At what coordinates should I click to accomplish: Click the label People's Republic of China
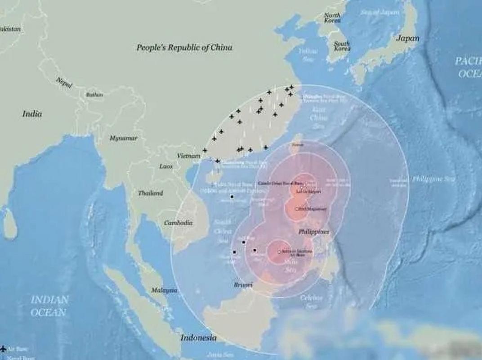[184, 47]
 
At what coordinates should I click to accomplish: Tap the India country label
[32, 114]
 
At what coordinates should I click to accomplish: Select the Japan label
[407, 38]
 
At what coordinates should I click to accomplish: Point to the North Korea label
[332, 18]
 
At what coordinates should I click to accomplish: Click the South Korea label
[342, 46]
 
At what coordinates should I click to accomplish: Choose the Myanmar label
[123, 139]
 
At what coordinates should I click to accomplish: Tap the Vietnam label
[188, 156]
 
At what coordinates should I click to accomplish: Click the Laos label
[166, 166]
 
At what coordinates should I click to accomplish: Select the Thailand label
[150, 193]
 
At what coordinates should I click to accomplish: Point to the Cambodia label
[178, 223]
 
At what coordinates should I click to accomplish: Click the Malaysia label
[164, 290]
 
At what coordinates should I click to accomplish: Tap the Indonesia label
[198, 337]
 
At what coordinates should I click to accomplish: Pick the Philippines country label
[314, 232]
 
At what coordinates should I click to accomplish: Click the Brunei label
[243, 285]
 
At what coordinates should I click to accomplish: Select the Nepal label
[64, 82]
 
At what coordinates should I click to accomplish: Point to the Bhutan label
[94, 95]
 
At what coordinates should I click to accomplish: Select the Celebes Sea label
[312, 301]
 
